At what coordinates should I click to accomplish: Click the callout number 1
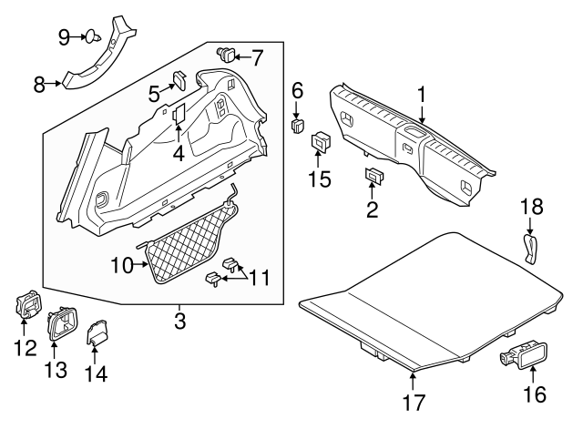click(422, 94)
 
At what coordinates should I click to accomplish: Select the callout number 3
click(180, 320)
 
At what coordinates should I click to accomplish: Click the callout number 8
click(39, 85)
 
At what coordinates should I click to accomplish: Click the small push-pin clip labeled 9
click(93, 37)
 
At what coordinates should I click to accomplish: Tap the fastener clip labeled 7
click(224, 54)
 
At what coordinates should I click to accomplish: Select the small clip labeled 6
click(297, 124)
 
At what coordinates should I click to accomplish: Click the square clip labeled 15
click(322, 142)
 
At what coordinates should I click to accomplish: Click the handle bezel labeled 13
click(62, 322)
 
